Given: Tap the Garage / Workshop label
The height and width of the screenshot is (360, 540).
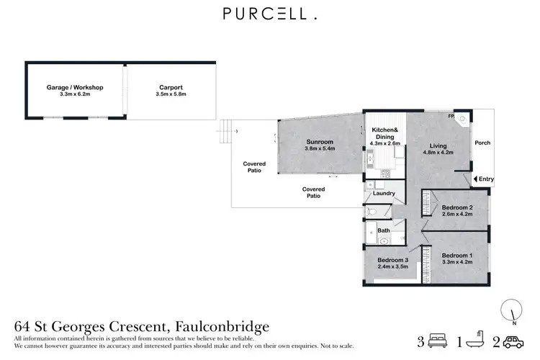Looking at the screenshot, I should (76, 87).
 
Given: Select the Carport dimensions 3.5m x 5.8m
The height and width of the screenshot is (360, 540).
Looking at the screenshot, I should (170, 94).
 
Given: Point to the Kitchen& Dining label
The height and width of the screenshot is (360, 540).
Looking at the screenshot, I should (384, 133).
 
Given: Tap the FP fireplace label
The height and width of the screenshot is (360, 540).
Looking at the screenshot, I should (451, 115).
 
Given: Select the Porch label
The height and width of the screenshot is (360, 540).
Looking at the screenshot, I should (482, 143).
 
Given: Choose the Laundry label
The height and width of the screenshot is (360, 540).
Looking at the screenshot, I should (382, 193).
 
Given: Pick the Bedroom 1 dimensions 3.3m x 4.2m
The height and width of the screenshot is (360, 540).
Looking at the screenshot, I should (456, 263).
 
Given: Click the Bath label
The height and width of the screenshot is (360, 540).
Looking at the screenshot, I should (384, 230).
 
